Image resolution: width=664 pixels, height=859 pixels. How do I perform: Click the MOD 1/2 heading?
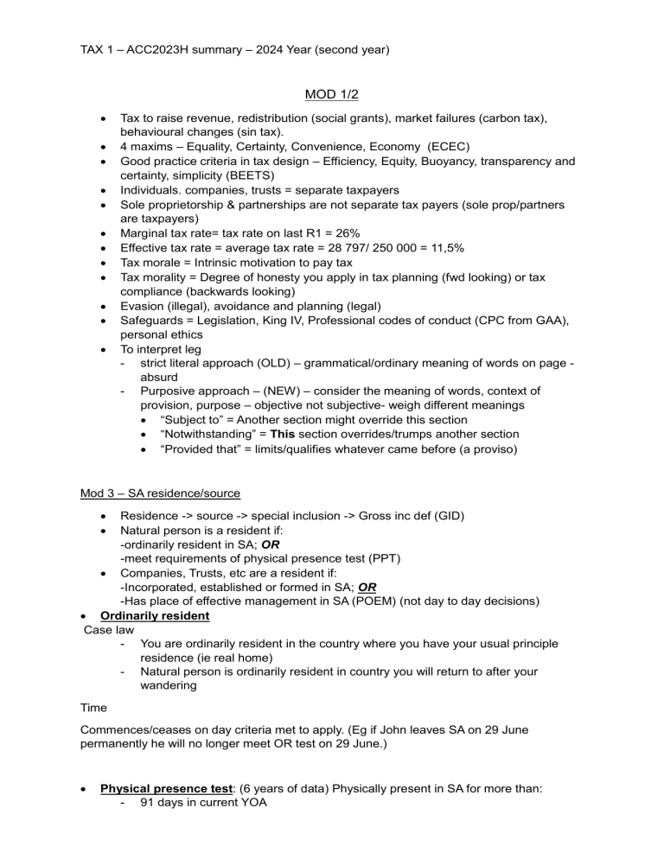[x=331, y=92]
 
